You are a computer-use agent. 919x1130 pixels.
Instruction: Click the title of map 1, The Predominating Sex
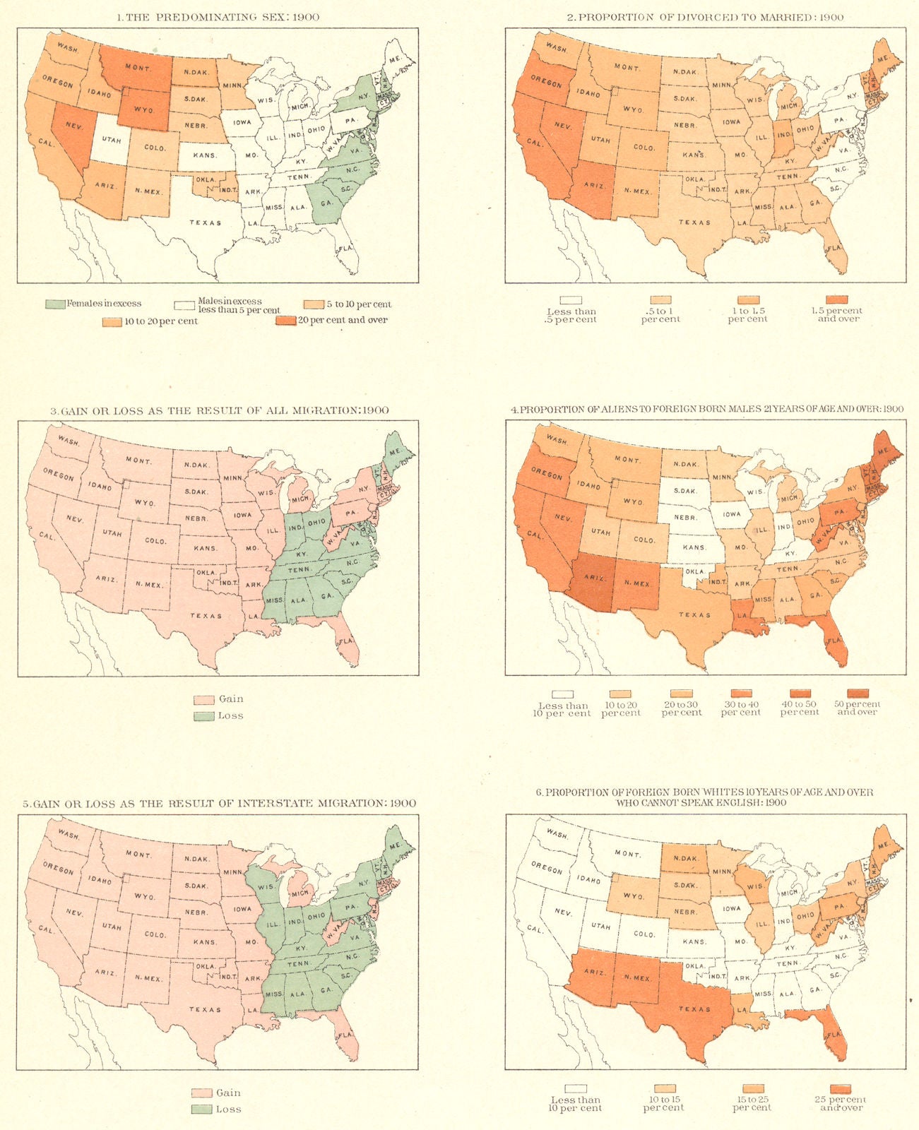tap(217, 17)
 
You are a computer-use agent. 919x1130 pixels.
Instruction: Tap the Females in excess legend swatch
tap(55, 304)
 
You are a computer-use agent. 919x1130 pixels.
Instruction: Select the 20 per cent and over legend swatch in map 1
tap(285, 321)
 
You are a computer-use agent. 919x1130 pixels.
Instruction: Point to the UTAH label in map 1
tap(112, 141)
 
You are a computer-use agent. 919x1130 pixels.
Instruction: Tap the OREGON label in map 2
tap(545, 83)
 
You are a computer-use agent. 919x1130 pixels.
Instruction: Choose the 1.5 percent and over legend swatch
tap(837, 299)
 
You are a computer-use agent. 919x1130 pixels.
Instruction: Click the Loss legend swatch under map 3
tap(203, 716)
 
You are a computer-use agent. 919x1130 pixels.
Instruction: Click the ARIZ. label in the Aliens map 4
tap(595, 577)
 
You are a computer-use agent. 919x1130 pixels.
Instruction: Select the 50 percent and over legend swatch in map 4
tap(858, 694)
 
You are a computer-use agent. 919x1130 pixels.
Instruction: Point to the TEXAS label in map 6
tap(694, 1009)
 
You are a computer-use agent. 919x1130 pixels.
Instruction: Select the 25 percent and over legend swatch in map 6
tap(840, 1089)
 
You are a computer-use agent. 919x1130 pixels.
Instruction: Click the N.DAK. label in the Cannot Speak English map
tap(685, 859)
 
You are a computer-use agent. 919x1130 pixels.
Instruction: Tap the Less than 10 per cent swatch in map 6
tap(575, 1089)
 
